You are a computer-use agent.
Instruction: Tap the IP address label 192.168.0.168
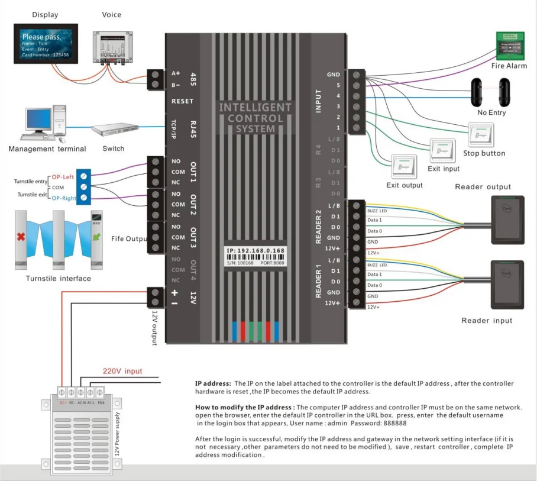pyautogui.click(x=256, y=251)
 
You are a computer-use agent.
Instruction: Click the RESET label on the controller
pyautogui.click(x=182, y=101)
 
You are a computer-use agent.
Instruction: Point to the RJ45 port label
pyautogui.click(x=193, y=128)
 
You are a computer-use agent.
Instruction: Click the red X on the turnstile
pyautogui.click(x=21, y=237)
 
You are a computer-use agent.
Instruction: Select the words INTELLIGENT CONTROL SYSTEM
pyautogui.click(x=255, y=118)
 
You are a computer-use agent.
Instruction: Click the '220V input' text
pyautogui.click(x=122, y=371)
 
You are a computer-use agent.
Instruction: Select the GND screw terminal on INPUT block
pyautogui.click(x=355, y=75)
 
